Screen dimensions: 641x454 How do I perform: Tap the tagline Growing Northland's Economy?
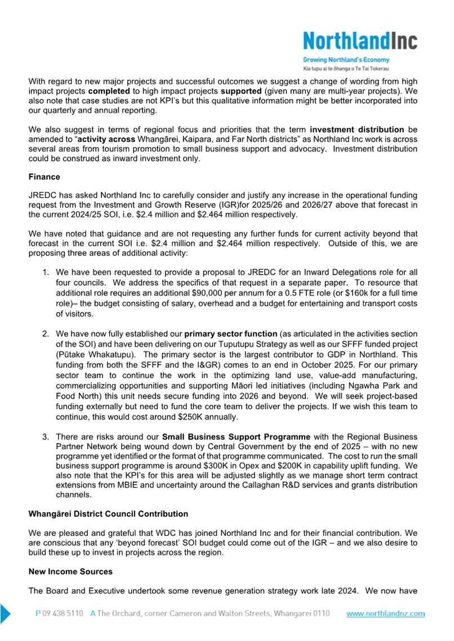346,60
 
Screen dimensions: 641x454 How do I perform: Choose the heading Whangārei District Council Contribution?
108,514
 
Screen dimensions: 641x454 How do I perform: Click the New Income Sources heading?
70,571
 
